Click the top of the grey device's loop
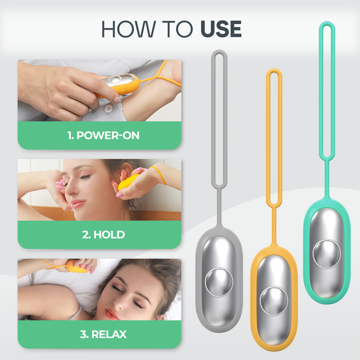click(219, 52)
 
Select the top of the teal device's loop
click(327, 23)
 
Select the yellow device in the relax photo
click(76, 268)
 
